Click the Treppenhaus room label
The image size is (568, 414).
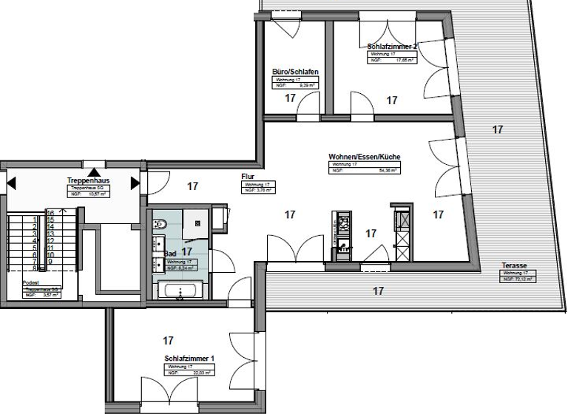tap(89, 180)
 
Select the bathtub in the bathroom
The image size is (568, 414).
tap(180, 291)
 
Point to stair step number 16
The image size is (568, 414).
tap(50, 212)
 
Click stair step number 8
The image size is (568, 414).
tap(35, 268)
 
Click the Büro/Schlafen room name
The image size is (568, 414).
tap(295, 72)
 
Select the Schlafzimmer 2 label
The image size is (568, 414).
tap(393, 47)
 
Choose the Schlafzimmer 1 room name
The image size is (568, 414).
tap(189, 359)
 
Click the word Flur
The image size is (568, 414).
tap(248, 177)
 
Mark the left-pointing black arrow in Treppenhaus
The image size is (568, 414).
tap(11, 183)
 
